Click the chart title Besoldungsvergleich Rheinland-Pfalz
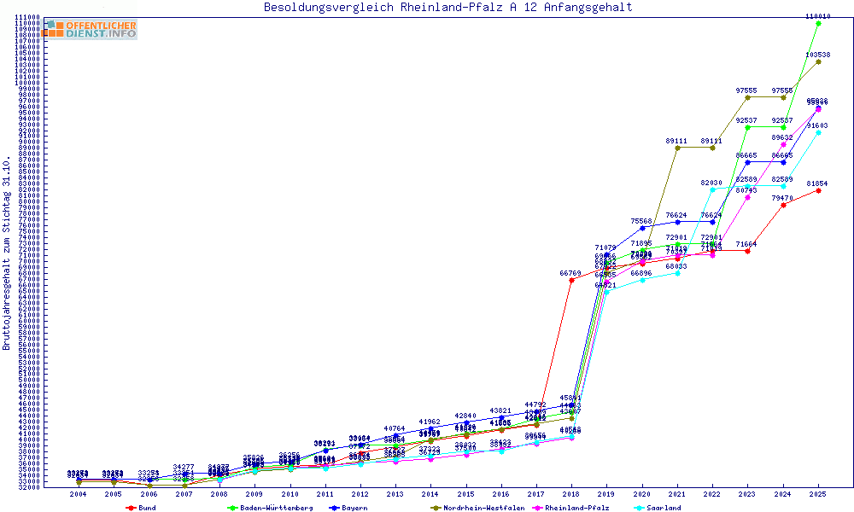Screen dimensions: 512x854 (447, 8)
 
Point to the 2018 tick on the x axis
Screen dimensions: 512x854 (570, 494)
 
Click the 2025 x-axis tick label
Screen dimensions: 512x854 (818, 494)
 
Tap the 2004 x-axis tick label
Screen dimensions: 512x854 (79, 494)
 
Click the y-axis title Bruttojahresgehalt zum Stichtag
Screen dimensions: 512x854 (7, 253)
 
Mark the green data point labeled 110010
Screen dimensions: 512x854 (818, 24)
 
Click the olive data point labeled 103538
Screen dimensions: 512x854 (818, 61)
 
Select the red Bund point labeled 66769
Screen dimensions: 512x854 (570, 281)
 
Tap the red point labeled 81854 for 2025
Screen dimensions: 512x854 (818, 190)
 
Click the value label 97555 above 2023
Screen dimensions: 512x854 (746, 90)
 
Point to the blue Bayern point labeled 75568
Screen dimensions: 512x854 (641, 228)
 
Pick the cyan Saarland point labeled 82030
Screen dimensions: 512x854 (712, 189)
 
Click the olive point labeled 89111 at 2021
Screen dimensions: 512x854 (676, 148)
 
